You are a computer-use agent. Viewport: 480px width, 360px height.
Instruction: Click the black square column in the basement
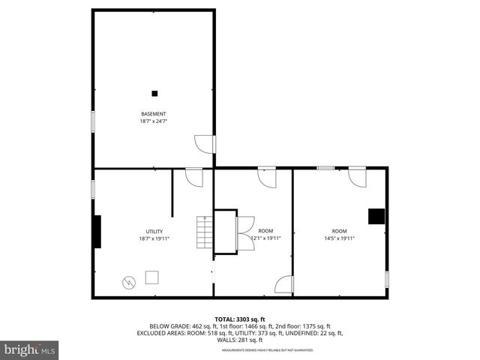tap(154, 93)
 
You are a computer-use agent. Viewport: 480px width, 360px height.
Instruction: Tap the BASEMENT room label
tap(153, 114)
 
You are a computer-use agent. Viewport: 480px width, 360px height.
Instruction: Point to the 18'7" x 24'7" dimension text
tap(153, 121)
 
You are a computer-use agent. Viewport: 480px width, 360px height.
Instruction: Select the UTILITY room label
tap(154, 231)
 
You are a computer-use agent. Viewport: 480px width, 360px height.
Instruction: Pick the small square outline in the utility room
tap(152, 278)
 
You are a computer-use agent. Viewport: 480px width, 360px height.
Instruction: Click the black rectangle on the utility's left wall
tap(97, 232)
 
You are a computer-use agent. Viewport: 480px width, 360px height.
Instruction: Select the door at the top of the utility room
tap(194, 178)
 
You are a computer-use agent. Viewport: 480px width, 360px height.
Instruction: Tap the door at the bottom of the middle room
tap(284, 285)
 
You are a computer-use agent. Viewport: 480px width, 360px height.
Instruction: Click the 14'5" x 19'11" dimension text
tap(339, 238)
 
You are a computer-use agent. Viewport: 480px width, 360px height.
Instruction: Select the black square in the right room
tap(376, 216)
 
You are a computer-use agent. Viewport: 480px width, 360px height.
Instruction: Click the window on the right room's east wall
tap(387, 278)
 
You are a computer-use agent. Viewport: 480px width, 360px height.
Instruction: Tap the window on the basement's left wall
tap(93, 121)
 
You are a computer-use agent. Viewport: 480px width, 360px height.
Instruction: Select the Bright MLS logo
tap(29, 349)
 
